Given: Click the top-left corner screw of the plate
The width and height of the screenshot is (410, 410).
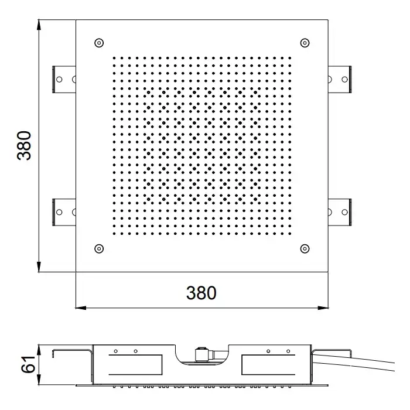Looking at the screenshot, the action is click(99, 43).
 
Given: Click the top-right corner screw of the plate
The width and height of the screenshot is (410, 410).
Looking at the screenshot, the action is click(305, 43).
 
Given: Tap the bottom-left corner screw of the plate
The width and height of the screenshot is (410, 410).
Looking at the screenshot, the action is click(99, 249).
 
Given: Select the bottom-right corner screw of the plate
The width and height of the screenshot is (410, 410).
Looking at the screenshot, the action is click(305, 249).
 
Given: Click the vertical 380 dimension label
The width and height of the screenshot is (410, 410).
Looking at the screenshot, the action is click(24, 145).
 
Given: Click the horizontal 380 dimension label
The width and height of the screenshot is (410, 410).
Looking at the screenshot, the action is click(201, 293).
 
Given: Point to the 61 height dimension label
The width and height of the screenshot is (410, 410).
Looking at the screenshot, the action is click(28, 364).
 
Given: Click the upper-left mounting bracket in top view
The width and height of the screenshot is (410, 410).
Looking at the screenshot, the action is click(64, 79).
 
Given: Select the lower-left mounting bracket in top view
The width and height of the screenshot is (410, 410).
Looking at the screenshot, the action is click(64, 212).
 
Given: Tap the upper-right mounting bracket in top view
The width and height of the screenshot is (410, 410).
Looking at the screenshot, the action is click(340, 79).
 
